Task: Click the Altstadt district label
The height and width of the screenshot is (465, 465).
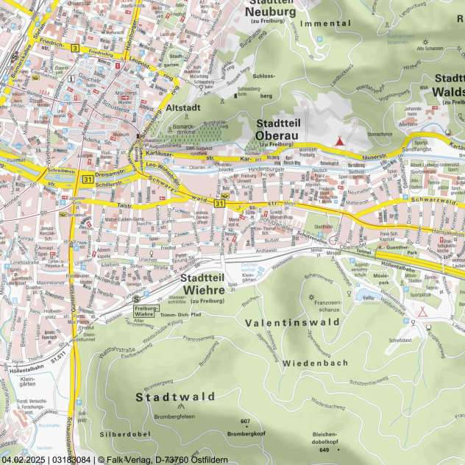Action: click(183, 107)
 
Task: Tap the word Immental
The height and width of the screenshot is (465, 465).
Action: click(326, 24)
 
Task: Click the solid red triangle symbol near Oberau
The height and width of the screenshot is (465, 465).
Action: click(339, 141)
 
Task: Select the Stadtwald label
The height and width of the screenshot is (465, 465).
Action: click(175, 397)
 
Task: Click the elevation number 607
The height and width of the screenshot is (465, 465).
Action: click(245, 421)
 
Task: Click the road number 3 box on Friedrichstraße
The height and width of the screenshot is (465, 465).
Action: click(75, 48)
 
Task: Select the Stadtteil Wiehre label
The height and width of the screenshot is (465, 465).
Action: click(207, 284)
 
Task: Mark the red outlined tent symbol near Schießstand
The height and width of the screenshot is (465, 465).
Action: click(422, 311)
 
